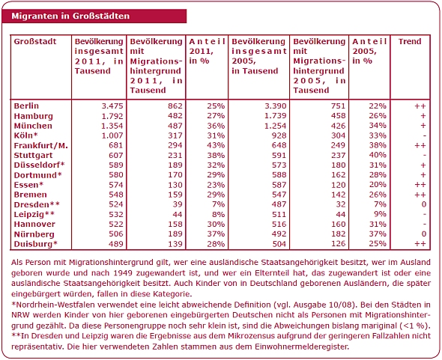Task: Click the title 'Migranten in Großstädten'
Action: [70, 16]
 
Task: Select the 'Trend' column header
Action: [410, 42]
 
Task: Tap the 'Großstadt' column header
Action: [35, 42]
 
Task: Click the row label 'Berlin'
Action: [26, 106]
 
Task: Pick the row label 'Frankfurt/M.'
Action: [41, 146]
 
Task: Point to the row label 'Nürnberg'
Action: [34, 234]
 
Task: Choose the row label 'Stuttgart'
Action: [33, 156]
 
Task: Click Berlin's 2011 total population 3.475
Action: [112, 106]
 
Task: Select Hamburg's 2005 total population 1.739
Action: [276, 116]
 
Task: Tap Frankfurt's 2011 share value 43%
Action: [216, 145]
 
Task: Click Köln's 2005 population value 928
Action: [279, 135]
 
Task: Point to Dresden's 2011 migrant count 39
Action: [178, 204]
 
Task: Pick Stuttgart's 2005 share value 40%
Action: [378, 155]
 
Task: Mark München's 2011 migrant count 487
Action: [175, 126]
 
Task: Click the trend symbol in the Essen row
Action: [420, 185]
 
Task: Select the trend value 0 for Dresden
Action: [424, 204]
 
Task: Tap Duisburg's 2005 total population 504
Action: [279, 244]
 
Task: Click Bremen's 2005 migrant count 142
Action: [339, 195]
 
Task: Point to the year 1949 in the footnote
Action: [123, 273]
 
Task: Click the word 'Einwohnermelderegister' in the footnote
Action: [302, 347]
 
